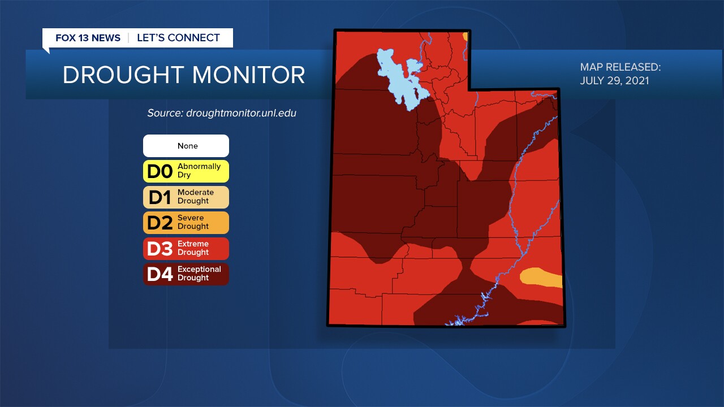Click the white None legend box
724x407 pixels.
tap(186, 146)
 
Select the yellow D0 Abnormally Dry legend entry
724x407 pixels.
tap(186, 171)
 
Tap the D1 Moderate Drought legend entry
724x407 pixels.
tap(186, 197)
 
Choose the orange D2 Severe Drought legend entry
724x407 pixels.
tap(186, 222)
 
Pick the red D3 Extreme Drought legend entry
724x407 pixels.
tap(186, 248)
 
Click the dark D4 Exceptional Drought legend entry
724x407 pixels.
tap(186, 274)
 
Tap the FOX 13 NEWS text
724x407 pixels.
tap(88, 38)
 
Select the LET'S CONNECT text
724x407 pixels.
tap(178, 38)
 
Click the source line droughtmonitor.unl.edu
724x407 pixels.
tap(222, 113)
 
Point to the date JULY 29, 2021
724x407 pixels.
tap(614, 81)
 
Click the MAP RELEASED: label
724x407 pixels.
tap(620, 67)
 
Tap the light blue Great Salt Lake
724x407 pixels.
tap(399, 76)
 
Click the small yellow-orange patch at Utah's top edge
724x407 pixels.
tap(466, 37)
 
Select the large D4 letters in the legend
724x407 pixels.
tap(159, 274)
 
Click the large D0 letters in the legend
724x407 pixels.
tap(159, 171)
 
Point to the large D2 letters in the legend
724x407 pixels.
tap(159, 223)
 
